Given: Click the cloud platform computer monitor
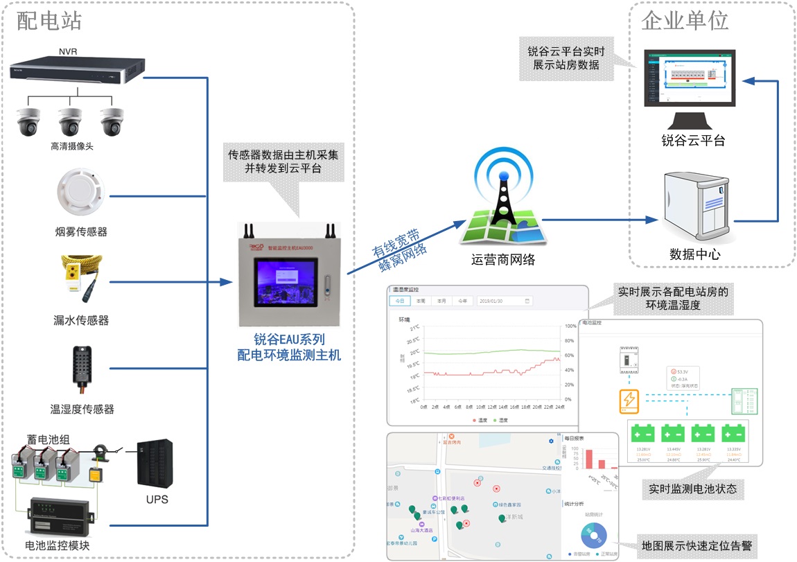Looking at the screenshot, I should (690, 78).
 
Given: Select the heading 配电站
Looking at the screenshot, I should (49, 21).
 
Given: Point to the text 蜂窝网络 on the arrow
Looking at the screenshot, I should (404, 259).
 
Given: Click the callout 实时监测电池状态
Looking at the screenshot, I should (692, 488).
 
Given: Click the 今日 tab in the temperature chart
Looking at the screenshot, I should (399, 301).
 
